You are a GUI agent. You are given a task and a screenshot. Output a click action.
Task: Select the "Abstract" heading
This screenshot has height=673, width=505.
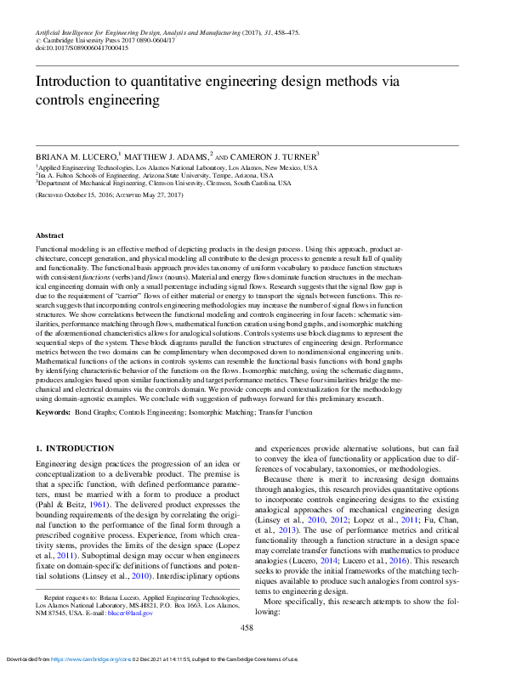coord(49,235)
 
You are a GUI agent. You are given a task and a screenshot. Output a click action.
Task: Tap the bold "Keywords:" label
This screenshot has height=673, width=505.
coord(53,412)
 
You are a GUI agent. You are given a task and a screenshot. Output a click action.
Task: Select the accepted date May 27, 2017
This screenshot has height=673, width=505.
coord(167,195)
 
